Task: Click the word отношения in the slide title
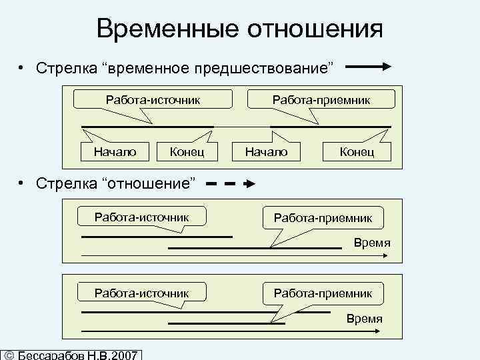tap(316, 29)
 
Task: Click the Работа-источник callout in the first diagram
tap(153, 100)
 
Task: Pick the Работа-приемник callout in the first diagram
tap(321, 100)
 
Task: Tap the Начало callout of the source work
tap(115, 152)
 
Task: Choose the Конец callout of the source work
tap(187, 152)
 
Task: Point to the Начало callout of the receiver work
tap(266, 152)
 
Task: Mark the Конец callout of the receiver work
tap(357, 152)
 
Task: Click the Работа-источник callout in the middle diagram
tap(141, 217)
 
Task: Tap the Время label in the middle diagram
tap(372, 243)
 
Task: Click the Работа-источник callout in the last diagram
tap(141, 293)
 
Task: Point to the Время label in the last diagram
tap(364, 319)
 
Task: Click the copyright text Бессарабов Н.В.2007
tap(74, 354)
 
